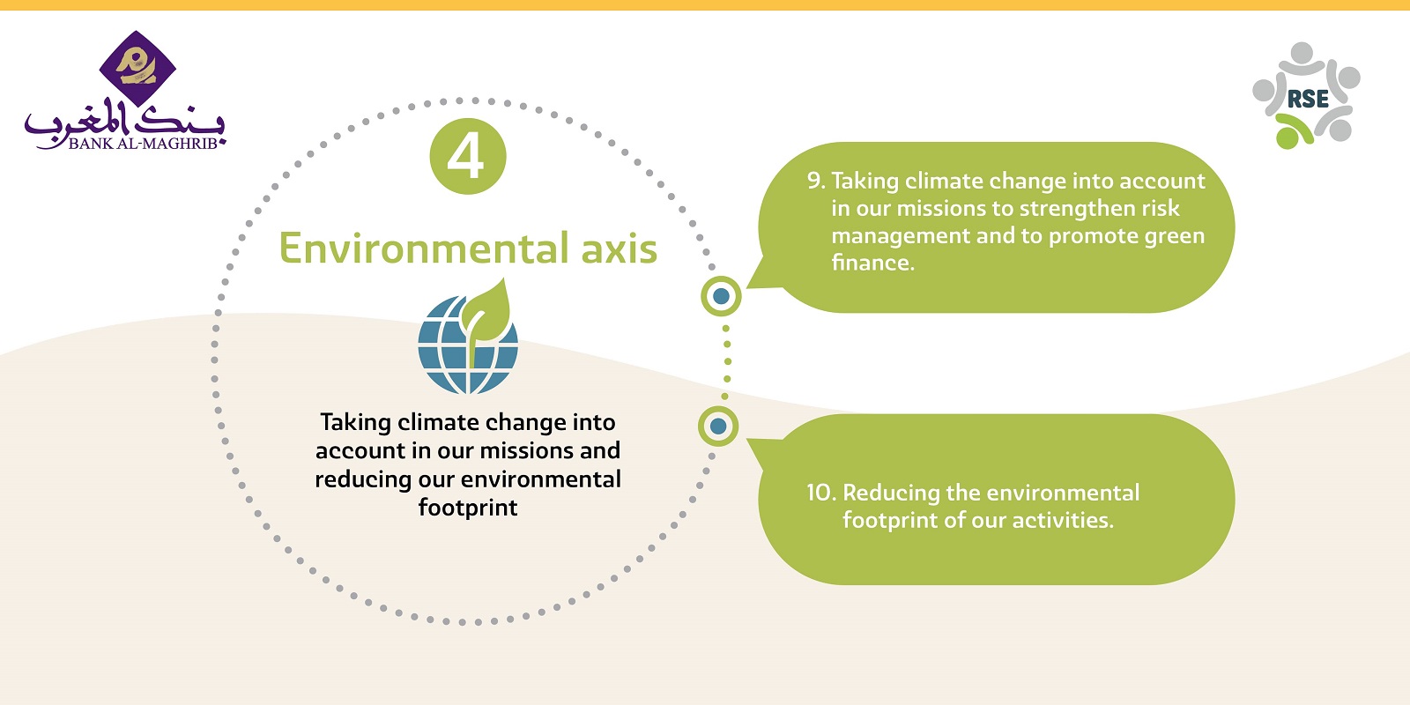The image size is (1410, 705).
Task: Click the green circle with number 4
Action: [x=468, y=156]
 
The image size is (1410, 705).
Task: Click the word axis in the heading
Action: [x=619, y=248]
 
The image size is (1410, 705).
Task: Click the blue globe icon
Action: [x=468, y=345]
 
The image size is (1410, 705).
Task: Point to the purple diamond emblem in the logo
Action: [x=137, y=69]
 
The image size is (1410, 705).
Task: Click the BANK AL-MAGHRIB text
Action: [x=143, y=144]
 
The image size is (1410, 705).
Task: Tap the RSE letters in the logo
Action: [x=1308, y=99]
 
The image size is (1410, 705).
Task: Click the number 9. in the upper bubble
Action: [x=816, y=182]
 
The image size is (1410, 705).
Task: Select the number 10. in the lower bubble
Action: [x=821, y=493]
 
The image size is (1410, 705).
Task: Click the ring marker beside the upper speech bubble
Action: [x=722, y=296]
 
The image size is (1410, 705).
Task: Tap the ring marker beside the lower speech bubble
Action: [x=718, y=427]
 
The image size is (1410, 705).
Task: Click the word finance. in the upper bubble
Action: [x=873, y=263]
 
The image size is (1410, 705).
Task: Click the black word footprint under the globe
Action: [x=468, y=508]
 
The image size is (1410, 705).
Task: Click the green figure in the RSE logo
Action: [x=1293, y=131]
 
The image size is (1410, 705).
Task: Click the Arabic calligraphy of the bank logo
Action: [x=124, y=121]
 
